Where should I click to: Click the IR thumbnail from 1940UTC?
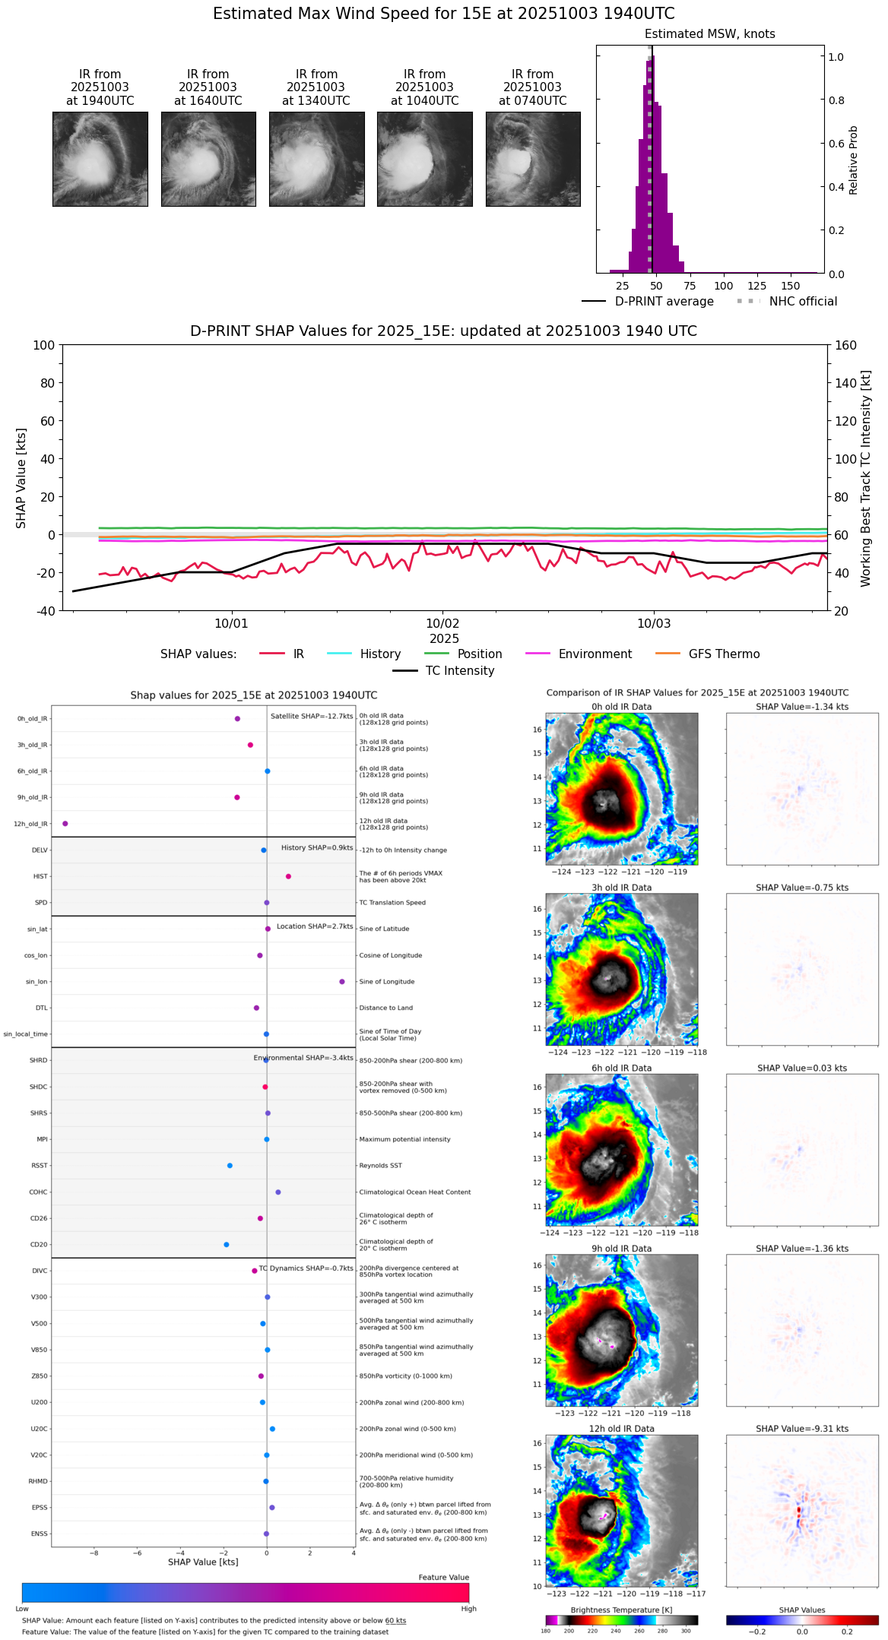pyautogui.click(x=100, y=159)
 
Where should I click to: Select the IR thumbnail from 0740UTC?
pyautogui.click(x=533, y=159)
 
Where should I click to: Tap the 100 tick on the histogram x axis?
pyautogui.click(x=723, y=286)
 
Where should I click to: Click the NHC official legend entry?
pyautogui.click(x=802, y=302)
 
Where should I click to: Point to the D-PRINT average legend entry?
pyautogui.click(x=664, y=302)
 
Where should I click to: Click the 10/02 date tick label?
pyautogui.click(x=442, y=624)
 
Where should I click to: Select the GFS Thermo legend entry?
pyautogui.click(x=724, y=654)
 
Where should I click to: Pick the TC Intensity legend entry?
pyautogui.click(x=459, y=671)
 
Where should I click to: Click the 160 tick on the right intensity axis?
pyautogui.click(x=845, y=345)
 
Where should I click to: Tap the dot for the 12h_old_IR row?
pyautogui.click(x=65, y=824)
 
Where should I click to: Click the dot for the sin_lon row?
pyautogui.click(x=342, y=982)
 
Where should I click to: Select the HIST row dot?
pyautogui.click(x=288, y=876)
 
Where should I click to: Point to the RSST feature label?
pyautogui.click(x=40, y=1166)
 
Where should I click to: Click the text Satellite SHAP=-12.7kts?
pyautogui.click(x=312, y=717)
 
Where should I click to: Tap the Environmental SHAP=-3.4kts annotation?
pyautogui.click(x=303, y=1058)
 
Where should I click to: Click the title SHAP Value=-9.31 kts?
pyautogui.click(x=802, y=1429)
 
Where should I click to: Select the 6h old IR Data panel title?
pyautogui.click(x=621, y=1068)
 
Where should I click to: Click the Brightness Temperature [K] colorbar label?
pyautogui.click(x=621, y=1610)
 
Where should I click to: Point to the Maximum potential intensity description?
pyautogui.click(x=404, y=1139)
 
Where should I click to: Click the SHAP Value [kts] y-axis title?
pyautogui.click(x=21, y=478)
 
